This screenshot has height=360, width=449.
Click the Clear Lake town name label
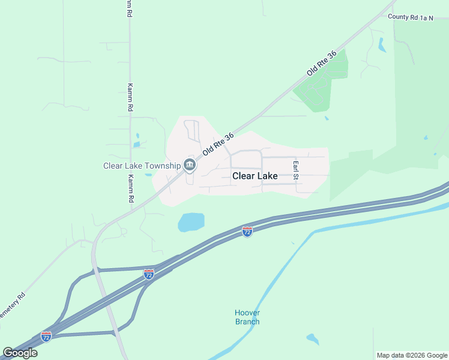pyautogui.click(x=255, y=176)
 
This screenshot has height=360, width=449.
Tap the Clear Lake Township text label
pyautogui.click(x=142, y=166)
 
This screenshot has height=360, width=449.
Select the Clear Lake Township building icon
pyautogui.click(x=190, y=164)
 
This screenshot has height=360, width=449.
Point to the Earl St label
pyautogui.click(x=295, y=170)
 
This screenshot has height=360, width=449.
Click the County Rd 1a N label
pyautogui.click(x=410, y=18)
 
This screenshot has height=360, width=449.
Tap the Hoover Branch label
pyautogui.click(x=247, y=317)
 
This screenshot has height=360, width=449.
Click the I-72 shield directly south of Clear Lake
pyautogui.click(x=247, y=231)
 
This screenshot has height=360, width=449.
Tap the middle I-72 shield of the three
pyautogui.click(x=149, y=274)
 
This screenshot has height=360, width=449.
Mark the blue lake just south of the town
pyautogui.click(x=191, y=222)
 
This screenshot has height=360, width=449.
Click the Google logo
pyautogui.click(x=20, y=352)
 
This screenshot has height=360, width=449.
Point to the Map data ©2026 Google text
pyautogui.click(x=412, y=355)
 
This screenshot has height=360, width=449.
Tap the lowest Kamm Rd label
pyautogui.click(x=130, y=188)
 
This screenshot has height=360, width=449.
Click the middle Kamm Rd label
pyautogui.click(x=130, y=97)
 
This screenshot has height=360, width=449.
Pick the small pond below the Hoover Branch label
pyautogui.click(x=313, y=339)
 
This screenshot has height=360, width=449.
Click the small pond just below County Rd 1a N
pyautogui.click(x=382, y=45)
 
